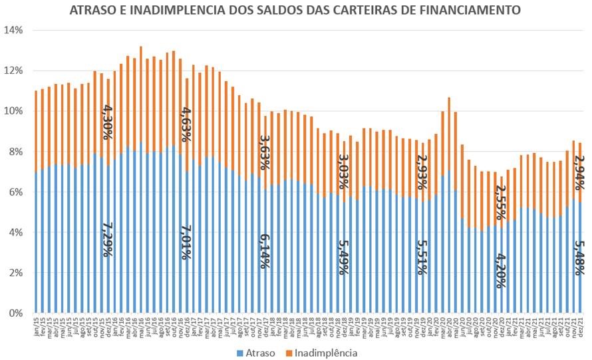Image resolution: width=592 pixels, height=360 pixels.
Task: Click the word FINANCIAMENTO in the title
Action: pyautogui.click(x=471, y=11)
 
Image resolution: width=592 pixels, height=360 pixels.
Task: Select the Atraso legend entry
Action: pyautogui.click(x=256, y=352)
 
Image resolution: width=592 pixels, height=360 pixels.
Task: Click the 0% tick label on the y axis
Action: pyautogui.click(x=16, y=313)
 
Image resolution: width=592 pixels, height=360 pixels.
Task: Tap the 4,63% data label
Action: pyautogui.click(x=186, y=124)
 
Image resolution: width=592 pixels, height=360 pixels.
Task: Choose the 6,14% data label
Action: pyautogui.click(x=265, y=252)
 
